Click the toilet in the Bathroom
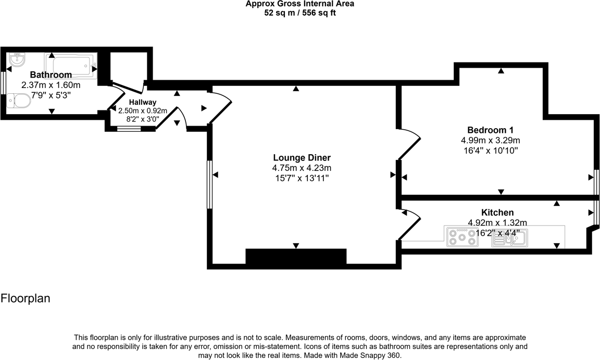[18, 100]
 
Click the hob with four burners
[462, 237]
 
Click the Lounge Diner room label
[302, 157]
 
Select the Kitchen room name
[497, 213]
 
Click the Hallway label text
[143, 102]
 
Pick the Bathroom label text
[51, 75]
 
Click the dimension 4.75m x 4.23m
[302, 168]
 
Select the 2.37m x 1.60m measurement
[51, 85]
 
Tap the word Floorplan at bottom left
[25, 299]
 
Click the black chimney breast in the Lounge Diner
[296, 257]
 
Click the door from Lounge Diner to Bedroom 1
[409, 144]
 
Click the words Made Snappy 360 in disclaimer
[374, 355]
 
